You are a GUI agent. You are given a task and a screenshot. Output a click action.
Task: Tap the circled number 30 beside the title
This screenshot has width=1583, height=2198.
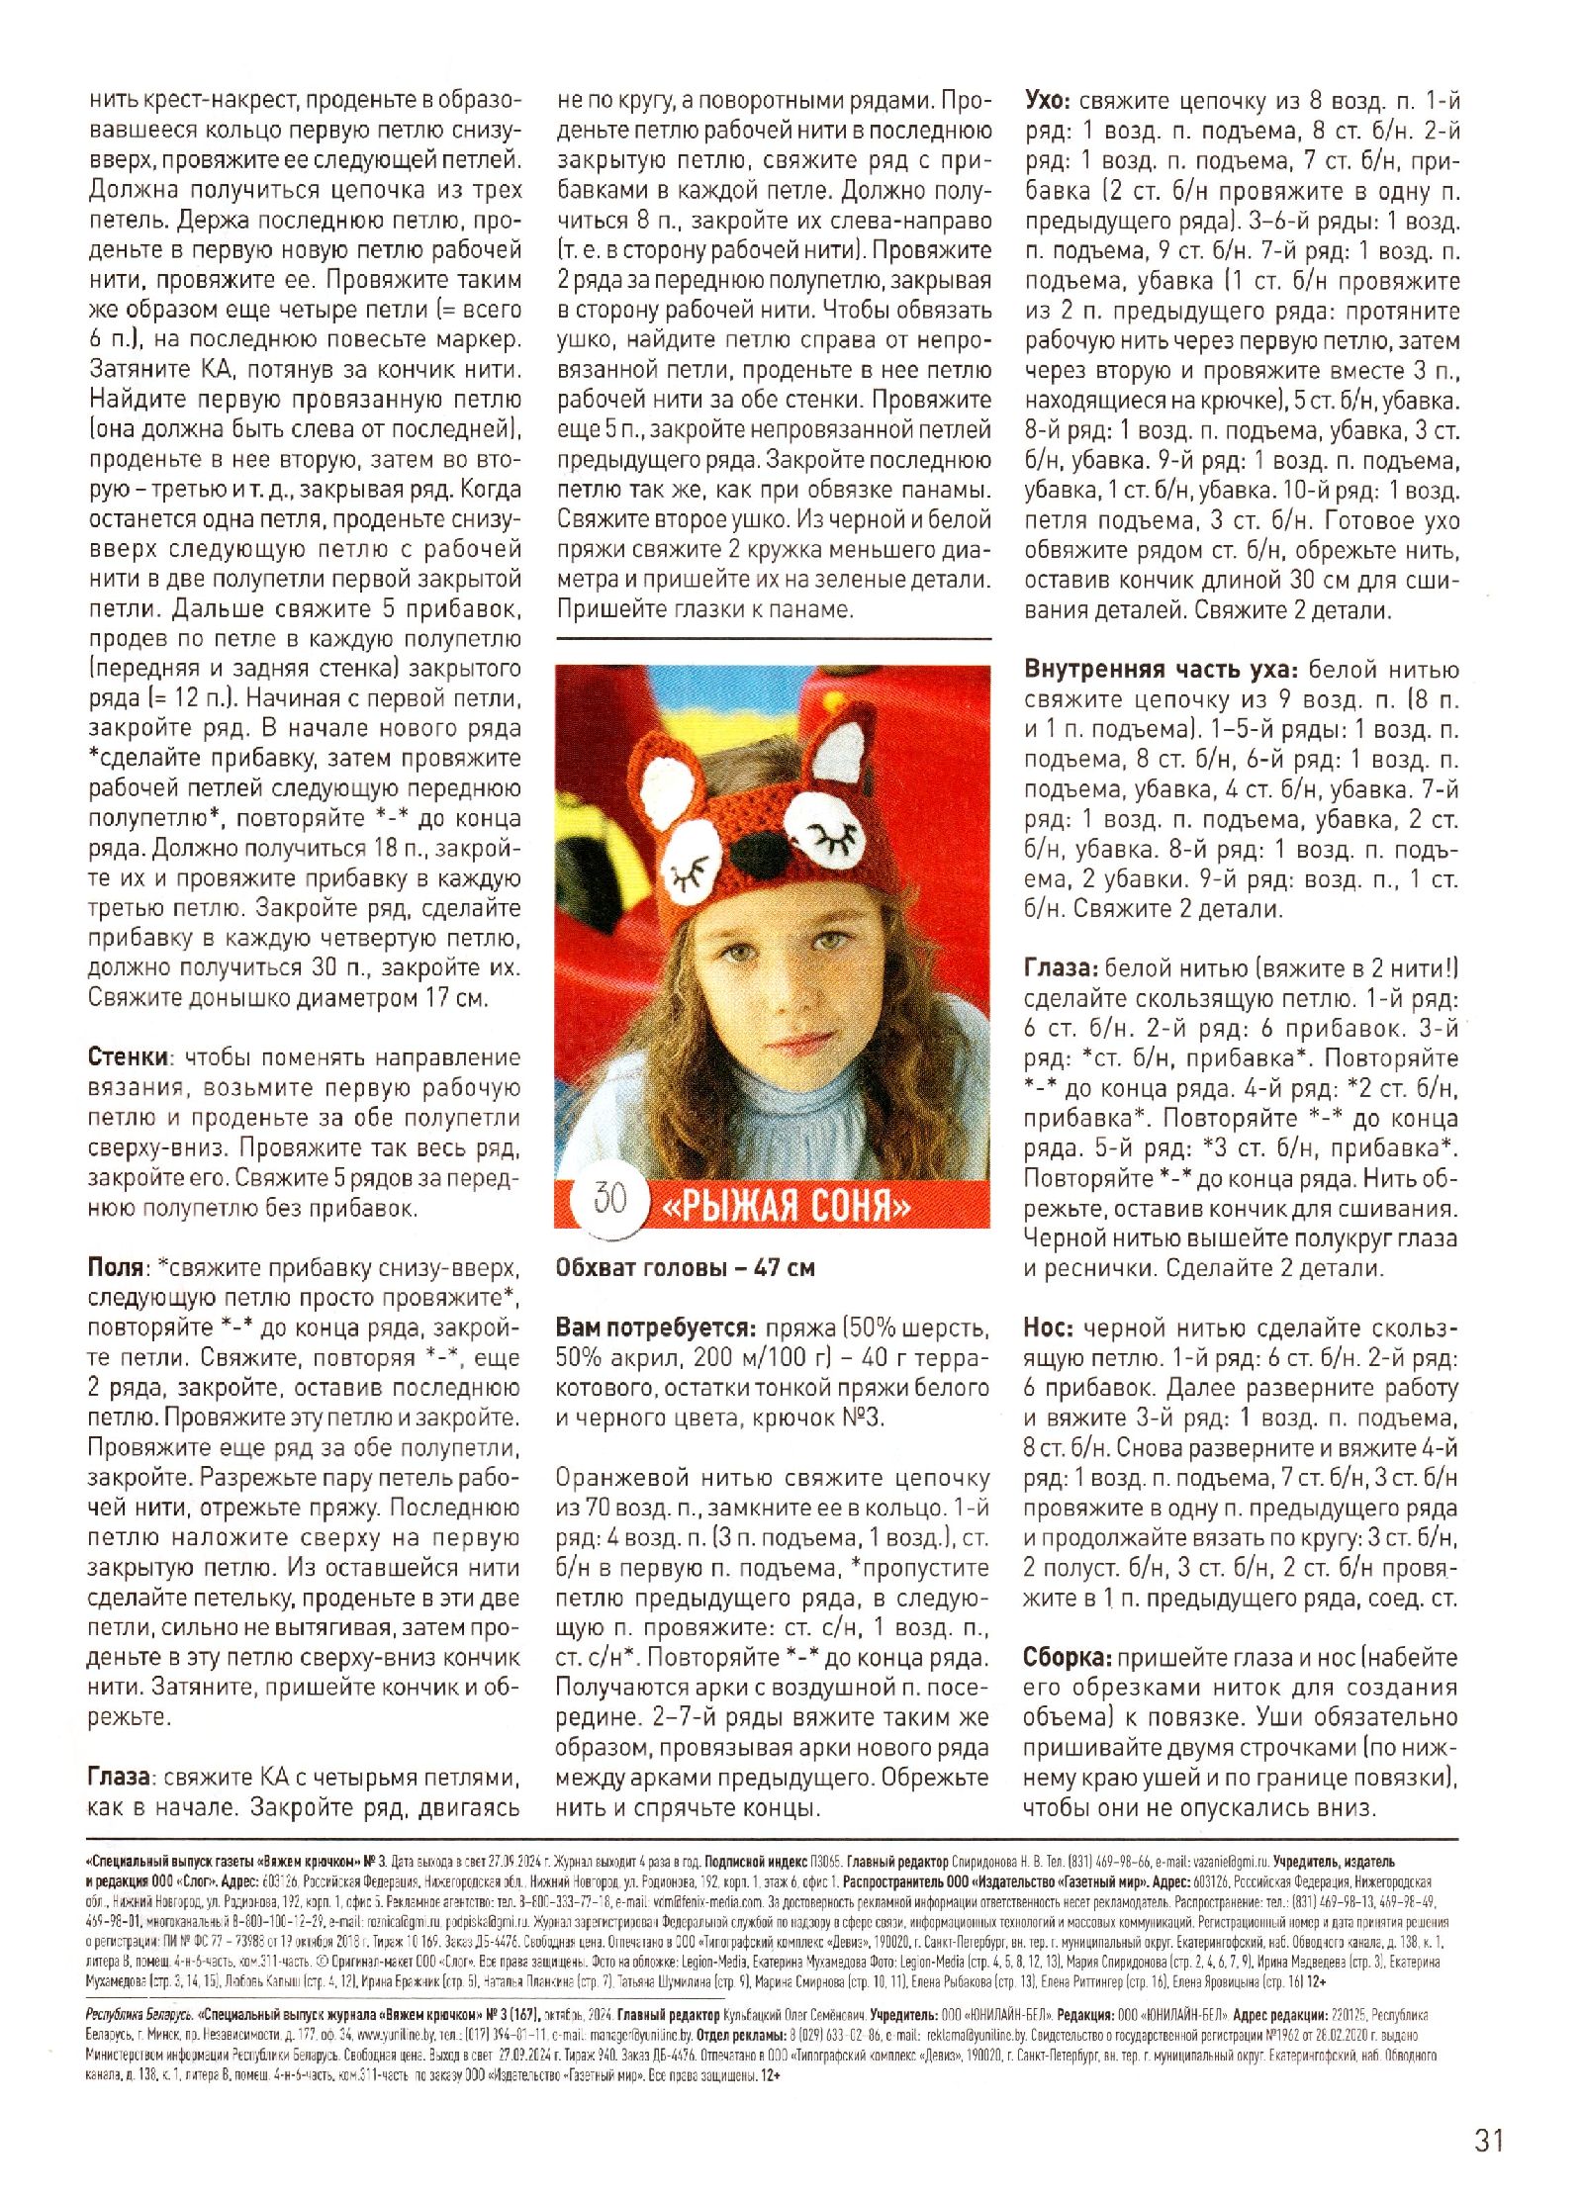click(609, 1198)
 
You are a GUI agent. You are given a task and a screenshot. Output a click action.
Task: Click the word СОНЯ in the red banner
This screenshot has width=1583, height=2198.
click(859, 1206)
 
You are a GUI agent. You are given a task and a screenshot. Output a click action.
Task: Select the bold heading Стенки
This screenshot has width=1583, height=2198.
click(129, 1056)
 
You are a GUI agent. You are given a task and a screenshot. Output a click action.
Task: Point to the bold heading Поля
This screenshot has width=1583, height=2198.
click(117, 1267)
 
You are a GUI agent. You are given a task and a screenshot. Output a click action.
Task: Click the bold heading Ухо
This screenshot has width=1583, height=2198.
click(1046, 101)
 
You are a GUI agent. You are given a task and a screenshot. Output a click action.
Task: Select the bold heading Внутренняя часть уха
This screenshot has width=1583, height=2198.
click(1161, 669)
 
